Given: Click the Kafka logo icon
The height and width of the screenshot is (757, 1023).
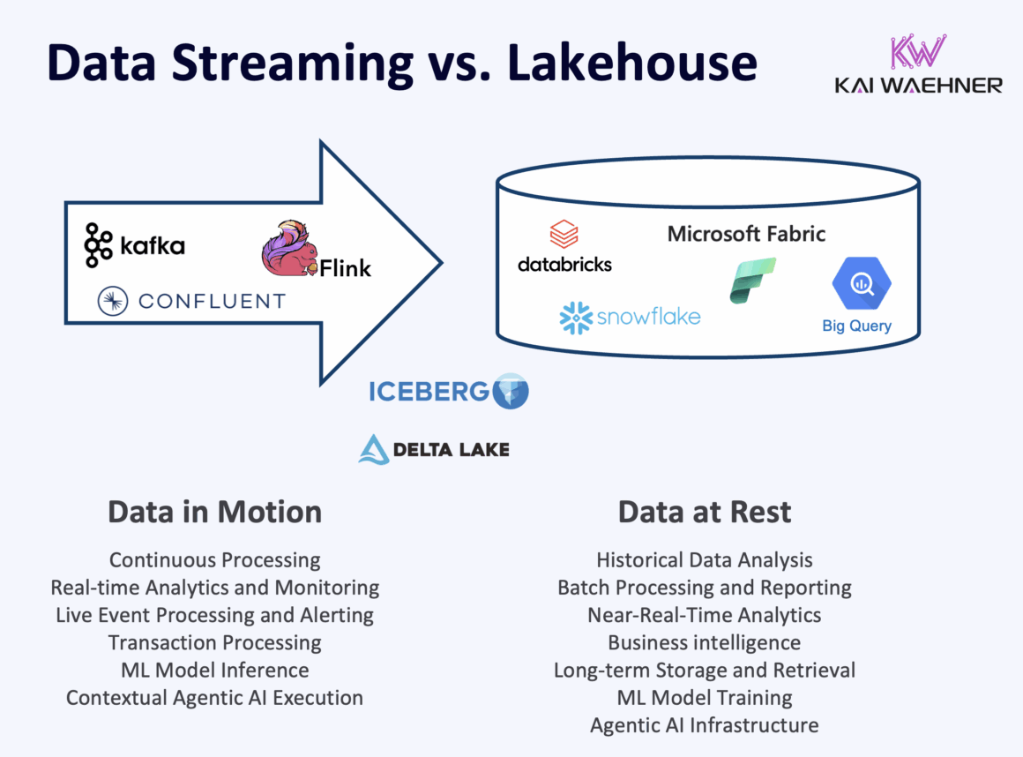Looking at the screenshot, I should point(98,245).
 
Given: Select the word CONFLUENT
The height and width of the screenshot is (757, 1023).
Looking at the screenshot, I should point(212,302).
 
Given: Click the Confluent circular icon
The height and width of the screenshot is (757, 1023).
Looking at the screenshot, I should point(114,302).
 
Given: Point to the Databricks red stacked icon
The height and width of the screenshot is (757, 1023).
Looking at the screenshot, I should point(564,235).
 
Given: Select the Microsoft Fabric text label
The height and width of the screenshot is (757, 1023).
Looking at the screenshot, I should point(746,234).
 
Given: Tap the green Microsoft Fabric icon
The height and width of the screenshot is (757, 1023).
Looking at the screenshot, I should point(752,280).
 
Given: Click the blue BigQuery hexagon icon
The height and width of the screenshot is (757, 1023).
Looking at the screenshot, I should point(861,284).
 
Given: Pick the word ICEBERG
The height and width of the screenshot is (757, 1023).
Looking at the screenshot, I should point(428,391).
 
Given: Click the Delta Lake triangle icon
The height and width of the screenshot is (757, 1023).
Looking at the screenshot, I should point(374,449).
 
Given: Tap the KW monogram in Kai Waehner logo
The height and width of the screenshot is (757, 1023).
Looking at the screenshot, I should point(917,53).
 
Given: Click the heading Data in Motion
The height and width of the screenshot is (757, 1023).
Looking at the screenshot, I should point(214,512).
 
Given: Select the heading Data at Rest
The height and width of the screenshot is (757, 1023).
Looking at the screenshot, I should point(704,512).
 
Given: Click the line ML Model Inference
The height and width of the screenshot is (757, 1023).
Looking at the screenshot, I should point(214,670).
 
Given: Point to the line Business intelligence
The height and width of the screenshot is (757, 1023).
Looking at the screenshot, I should point(704,642).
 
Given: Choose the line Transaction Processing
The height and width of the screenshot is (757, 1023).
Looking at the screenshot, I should point(214,642).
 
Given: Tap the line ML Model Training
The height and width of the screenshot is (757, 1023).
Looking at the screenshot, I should point(704,697).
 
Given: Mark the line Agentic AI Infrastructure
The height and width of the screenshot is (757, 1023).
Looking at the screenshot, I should point(704,725).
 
